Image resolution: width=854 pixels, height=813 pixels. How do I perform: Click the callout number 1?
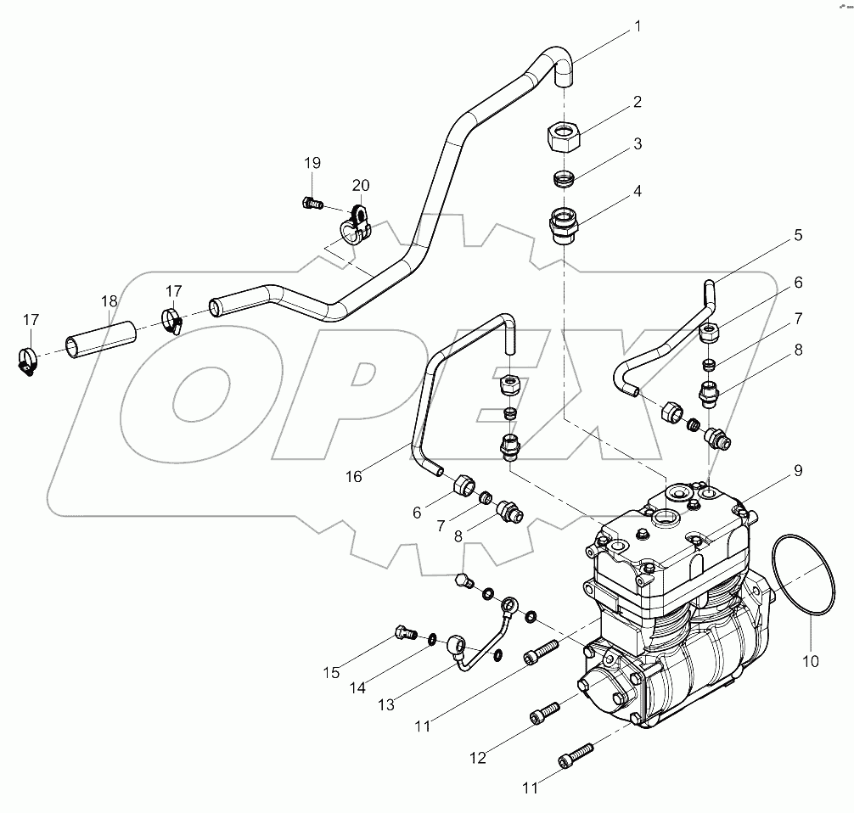point(637,28)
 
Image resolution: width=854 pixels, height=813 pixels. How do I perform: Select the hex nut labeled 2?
point(564,135)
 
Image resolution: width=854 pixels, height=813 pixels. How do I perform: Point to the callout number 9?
point(798,235)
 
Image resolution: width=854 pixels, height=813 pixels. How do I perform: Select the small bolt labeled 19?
point(312,203)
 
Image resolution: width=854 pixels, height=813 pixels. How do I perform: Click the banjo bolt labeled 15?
point(403,631)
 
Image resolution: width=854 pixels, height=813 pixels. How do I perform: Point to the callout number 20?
point(361,185)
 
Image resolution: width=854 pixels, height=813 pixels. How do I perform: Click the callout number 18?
point(109,301)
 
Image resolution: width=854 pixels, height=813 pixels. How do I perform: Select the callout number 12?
point(478,757)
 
